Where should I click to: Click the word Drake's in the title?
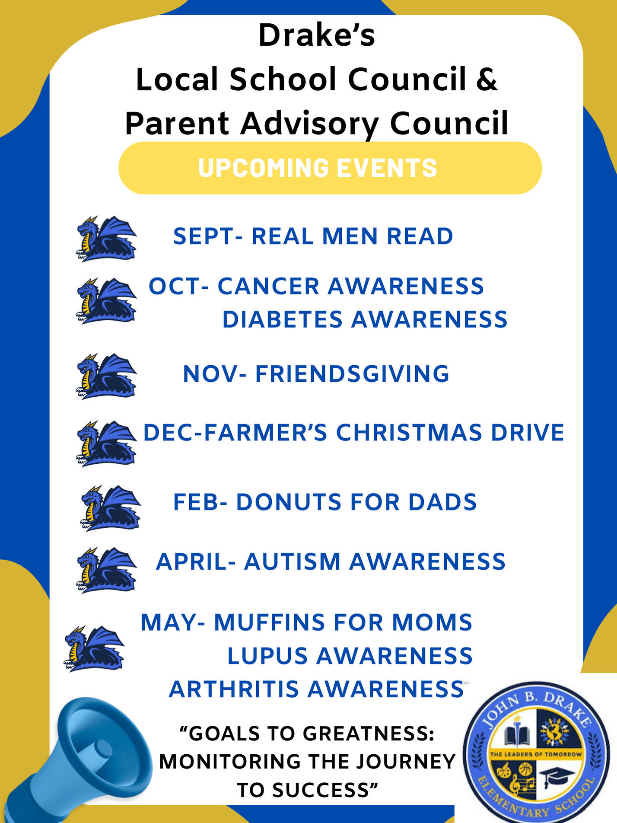point(317,35)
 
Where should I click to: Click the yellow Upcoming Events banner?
point(330,168)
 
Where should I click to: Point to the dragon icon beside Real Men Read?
point(106,239)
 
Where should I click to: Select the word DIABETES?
point(283,319)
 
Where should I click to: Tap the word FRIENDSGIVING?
point(352,373)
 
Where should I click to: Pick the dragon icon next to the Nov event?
point(106,376)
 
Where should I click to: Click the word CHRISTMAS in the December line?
point(409,432)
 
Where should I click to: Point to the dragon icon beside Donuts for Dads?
point(110,508)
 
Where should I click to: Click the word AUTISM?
point(293,561)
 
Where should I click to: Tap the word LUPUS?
point(268,656)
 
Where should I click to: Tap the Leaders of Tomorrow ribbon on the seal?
point(536,754)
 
